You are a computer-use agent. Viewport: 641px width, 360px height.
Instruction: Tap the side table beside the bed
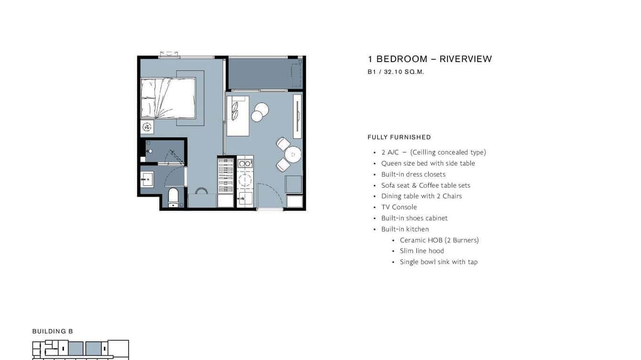147,127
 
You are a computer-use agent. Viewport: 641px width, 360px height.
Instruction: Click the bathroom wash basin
147,180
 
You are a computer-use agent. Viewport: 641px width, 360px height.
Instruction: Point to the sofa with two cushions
237,116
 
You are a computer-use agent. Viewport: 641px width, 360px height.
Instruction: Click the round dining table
293,155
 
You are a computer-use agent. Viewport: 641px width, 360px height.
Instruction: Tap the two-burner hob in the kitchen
245,163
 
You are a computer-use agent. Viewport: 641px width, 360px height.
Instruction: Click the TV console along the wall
297,116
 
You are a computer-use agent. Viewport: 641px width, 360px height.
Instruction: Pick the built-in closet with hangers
225,175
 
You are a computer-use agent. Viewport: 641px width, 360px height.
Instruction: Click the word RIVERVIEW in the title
465,59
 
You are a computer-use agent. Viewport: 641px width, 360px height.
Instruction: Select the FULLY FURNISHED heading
399,137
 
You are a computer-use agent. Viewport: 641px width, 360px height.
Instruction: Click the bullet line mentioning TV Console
399,207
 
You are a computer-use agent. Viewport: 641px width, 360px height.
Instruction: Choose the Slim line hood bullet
422,251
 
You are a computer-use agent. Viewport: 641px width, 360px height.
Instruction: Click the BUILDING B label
53,331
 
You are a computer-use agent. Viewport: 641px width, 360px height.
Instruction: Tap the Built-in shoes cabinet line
414,218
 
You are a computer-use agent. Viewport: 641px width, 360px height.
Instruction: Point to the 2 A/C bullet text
433,152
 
